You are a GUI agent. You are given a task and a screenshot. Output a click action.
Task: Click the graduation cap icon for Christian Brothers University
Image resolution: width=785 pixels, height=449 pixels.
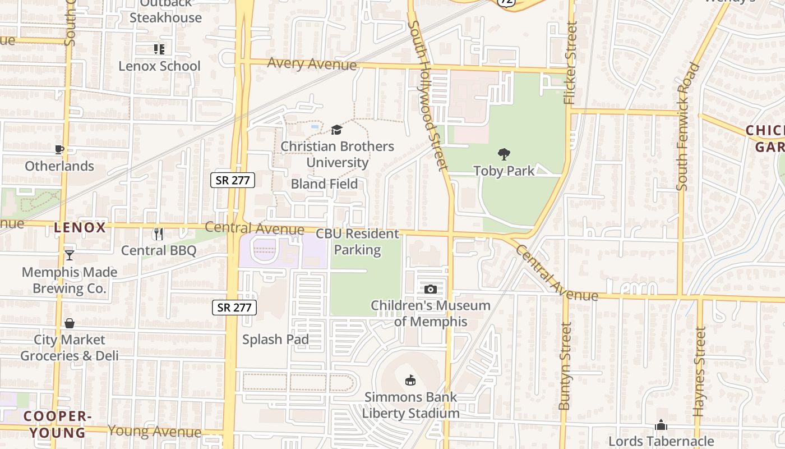[336, 130]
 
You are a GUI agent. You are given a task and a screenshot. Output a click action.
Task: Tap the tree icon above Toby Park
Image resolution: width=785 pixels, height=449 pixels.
[504, 154]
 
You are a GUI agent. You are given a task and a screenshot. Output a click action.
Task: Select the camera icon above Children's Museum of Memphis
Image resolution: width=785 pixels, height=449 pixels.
[430, 289]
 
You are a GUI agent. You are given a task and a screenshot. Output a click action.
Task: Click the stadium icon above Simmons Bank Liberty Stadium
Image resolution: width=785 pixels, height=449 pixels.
[410, 381]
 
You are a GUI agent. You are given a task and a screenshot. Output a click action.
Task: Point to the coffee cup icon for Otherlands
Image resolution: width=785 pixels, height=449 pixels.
[59, 149]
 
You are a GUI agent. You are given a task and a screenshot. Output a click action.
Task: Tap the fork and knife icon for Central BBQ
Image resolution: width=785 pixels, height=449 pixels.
[159, 233]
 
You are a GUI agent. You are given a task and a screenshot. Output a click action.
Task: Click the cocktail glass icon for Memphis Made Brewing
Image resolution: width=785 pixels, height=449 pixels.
[69, 255]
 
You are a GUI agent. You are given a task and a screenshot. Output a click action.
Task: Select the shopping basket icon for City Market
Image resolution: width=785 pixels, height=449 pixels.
[70, 323]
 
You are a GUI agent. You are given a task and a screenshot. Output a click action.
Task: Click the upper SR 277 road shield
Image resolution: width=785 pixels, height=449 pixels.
[233, 180]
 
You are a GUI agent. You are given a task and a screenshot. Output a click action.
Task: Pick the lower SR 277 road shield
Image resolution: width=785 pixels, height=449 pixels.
[234, 307]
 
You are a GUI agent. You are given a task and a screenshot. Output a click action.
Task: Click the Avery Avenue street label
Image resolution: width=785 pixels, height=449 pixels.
[312, 63]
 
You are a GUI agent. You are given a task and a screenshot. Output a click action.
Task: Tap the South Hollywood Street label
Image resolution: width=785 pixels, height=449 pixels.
[429, 95]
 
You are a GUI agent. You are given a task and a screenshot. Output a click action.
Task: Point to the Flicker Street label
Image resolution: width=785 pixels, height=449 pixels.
[570, 63]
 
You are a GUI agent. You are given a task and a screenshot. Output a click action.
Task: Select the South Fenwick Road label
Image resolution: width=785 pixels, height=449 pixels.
[687, 126]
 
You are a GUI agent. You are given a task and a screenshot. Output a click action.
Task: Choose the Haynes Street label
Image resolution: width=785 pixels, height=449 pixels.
[699, 372]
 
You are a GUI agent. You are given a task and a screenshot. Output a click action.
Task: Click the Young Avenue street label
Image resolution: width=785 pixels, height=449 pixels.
[154, 431]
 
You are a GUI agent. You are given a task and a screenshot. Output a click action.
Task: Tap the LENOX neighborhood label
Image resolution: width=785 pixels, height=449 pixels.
[80, 227]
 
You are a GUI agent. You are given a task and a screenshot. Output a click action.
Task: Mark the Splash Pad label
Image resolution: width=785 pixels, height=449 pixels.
[275, 340]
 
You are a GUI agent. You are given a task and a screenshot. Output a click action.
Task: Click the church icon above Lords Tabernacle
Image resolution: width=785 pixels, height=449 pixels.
[661, 425]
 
